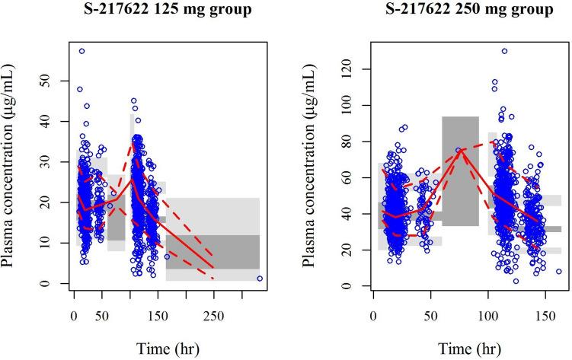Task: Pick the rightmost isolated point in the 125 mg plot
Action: point(260,279)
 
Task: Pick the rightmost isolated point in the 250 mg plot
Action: point(558,271)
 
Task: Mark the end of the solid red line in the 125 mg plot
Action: point(213,268)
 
